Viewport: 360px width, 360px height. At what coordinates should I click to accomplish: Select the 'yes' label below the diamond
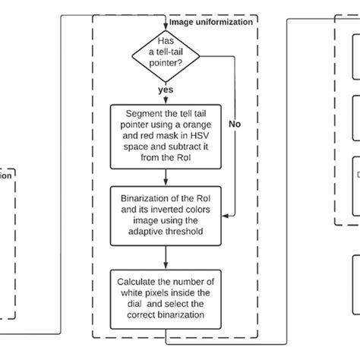(165, 88)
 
